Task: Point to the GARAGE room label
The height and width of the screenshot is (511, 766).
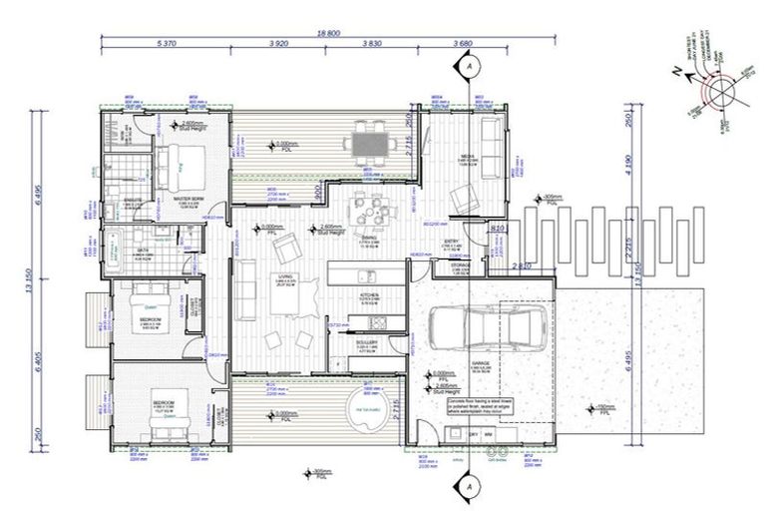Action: (483, 364)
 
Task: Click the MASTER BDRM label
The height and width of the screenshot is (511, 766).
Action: (189, 199)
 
